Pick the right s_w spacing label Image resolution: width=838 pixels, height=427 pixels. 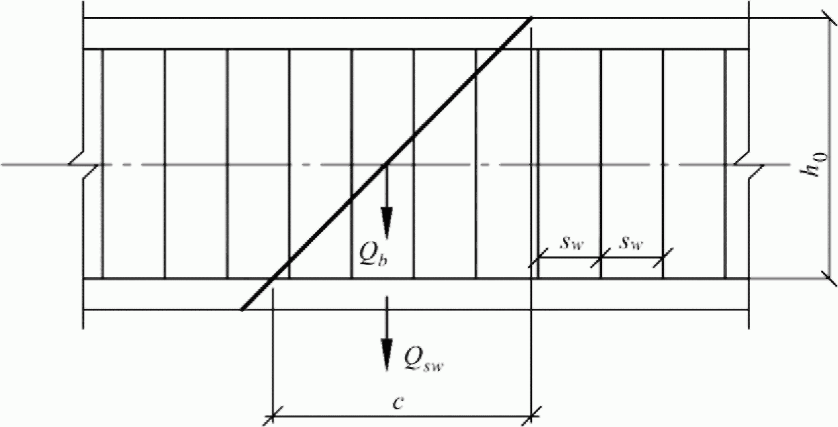tap(630, 244)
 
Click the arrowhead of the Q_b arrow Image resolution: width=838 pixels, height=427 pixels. tap(387, 222)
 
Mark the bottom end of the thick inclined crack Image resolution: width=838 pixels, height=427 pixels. tap(242, 310)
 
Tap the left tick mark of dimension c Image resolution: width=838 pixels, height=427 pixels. tap(272, 413)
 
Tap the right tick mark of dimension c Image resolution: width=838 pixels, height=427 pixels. tap(532, 413)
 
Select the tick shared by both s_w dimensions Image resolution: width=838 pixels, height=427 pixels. tap(601, 258)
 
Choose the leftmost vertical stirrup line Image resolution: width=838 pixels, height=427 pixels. tap(102, 164)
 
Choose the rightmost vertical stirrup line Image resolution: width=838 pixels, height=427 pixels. tap(725, 164)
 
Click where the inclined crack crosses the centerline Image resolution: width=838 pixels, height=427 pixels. tap(386, 164)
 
